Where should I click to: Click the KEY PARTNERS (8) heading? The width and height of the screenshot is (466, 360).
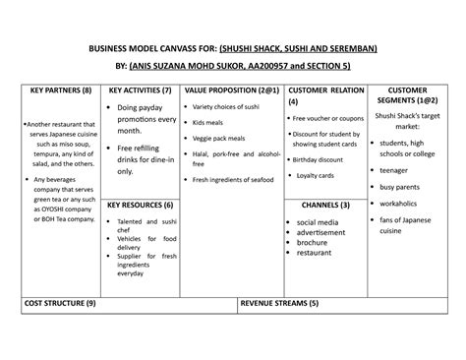point(61,90)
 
